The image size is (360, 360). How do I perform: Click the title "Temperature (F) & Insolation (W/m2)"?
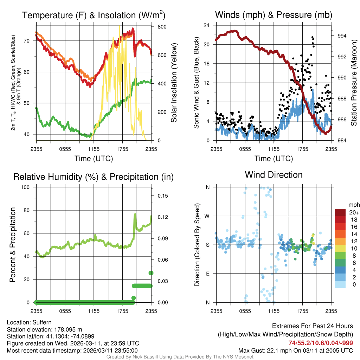pyautogui.click(x=94, y=15)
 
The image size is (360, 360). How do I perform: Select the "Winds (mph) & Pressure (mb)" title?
pyautogui.click(x=274, y=15)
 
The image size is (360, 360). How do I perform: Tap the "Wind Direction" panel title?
pyautogui.click(x=274, y=175)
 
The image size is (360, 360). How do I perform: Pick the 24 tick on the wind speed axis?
pyautogui.click(x=207, y=25)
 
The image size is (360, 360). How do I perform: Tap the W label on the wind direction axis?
pyautogui.click(x=207, y=216)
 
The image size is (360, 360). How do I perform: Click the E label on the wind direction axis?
pyautogui.click(x=207, y=274)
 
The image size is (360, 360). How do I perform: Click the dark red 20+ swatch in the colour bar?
pyautogui.click(x=340, y=212)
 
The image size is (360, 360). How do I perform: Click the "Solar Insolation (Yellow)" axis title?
pyautogui.click(x=174, y=83)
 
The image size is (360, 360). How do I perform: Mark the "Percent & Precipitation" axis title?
pyautogui.click(x=13, y=245)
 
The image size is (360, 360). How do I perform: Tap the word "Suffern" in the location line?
pyautogui.click(x=42, y=322)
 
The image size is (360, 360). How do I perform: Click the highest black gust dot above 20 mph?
pyautogui.click(x=312, y=37)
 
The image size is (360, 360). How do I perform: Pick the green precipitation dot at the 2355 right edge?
pyautogui.click(x=151, y=273)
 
